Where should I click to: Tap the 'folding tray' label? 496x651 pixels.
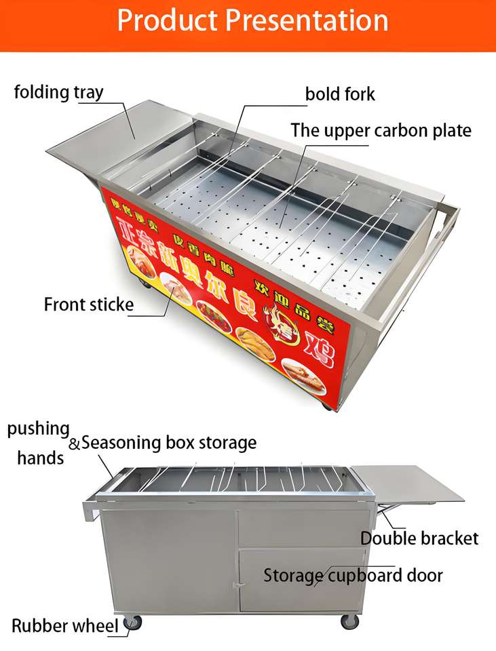59,92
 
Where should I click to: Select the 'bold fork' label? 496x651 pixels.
340,94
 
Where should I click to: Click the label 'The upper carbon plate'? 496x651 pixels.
381,130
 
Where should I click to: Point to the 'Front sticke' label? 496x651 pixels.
89,304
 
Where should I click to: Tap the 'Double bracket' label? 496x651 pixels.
419,538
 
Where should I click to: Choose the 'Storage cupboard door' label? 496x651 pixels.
353,576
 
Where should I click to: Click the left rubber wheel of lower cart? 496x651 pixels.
133,622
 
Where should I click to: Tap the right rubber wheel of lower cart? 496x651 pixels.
349,620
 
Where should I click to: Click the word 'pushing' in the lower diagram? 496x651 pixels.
39,429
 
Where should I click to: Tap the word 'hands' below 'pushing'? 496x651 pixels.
41,458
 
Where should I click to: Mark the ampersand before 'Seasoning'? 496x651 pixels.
75,444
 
